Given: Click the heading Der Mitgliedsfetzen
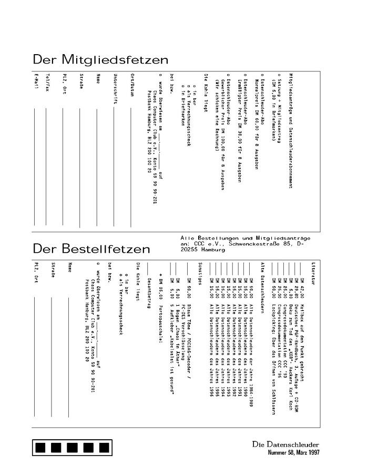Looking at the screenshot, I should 100,59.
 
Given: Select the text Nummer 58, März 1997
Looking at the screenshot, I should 293,452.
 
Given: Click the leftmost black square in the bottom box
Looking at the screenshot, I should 42,447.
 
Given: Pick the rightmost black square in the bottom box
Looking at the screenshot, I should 104,447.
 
